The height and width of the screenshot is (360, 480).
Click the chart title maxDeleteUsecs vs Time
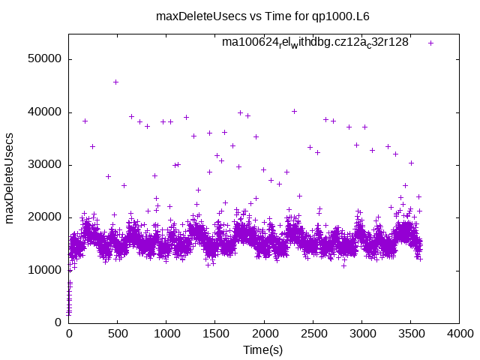click(x=262, y=16)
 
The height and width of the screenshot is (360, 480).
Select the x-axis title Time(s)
click(x=263, y=349)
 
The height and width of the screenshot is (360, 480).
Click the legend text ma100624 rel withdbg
click(x=315, y=43)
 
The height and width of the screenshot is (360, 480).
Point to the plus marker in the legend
click(x=430, y=43)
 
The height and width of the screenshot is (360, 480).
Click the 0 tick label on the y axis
click(x=57, y=322)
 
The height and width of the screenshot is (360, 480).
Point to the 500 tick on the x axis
click(x=118, y=334)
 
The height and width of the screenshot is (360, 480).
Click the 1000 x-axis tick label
click(x=166, y=334)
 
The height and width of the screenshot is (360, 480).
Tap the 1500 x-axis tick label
click(x=215, y=334)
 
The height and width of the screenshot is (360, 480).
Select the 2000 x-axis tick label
click(x=264, y=334)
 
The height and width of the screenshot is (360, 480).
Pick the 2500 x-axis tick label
click(x=313, y=334)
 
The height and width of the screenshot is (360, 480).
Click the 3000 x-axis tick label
click(x=361, y=334)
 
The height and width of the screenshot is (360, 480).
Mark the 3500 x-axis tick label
click(x=410, y=334)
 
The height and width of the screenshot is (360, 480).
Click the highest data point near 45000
click(x=115, y=82)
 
